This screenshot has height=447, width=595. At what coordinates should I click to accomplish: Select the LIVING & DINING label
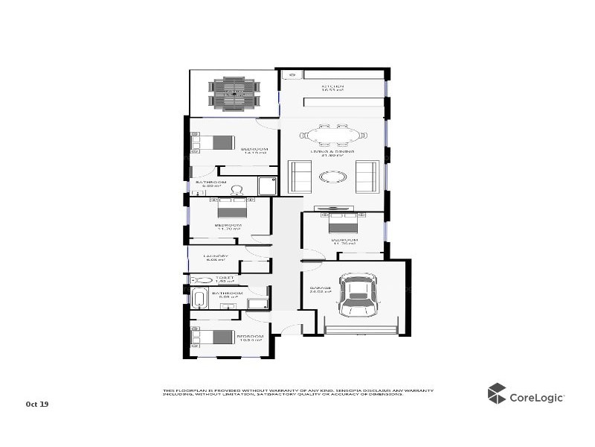(332, 152)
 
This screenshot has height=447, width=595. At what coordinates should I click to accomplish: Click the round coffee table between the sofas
(332, 177)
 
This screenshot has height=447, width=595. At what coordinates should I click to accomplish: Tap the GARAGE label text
(320, 288)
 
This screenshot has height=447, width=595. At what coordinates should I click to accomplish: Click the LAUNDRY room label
(216, 258)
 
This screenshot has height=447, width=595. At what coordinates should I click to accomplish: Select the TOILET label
(225, 279)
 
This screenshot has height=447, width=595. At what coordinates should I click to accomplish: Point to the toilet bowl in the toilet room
(199, 279)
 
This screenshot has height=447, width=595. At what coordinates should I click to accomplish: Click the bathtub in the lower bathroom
(199, 299)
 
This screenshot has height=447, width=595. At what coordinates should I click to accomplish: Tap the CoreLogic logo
(526, 395)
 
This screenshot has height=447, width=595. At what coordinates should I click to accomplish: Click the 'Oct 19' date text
(36, 404)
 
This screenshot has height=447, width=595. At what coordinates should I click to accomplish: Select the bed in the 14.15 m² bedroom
(216, 142)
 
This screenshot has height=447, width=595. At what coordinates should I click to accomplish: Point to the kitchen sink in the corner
(291, 74)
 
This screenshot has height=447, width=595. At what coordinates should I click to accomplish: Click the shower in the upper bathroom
(266, 186)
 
